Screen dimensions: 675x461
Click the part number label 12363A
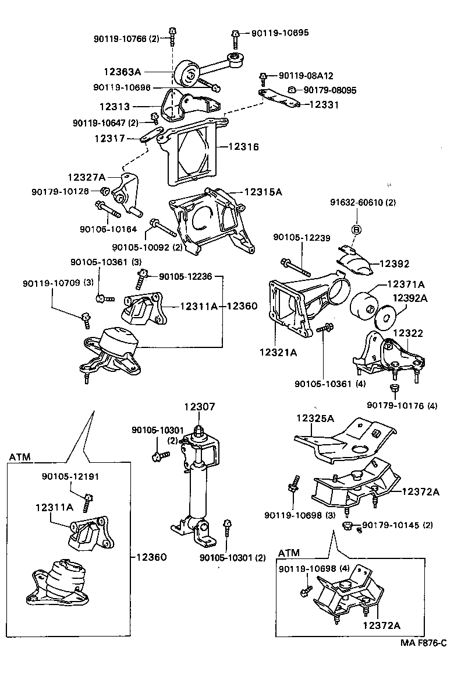tap(122, 72)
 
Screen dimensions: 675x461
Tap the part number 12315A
tap(263, 191)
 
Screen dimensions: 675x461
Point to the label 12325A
tap(315, 418)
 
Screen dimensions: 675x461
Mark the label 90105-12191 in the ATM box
tap(70, 476)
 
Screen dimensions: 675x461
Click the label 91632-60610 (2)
tap(363, 203)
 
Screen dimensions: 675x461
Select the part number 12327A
tap(86, 177)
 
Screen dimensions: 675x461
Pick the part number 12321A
tap(278, 352)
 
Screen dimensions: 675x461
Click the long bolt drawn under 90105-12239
tap(297, 266)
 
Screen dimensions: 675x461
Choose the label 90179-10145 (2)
tap(398, 525)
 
